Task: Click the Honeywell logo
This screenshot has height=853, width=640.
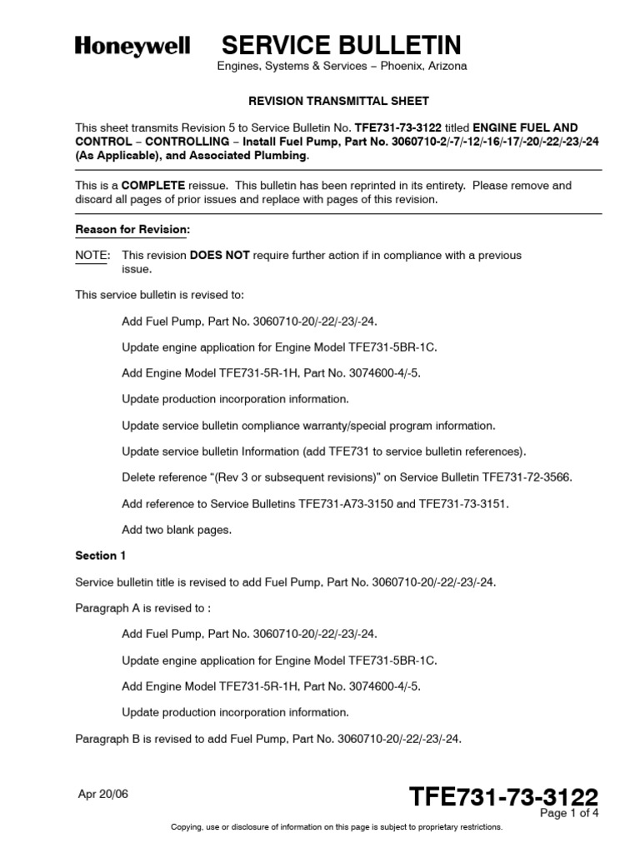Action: tap(132, 46)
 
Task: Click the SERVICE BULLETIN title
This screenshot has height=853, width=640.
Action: tap(341, 45)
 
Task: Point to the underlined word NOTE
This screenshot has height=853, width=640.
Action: tap(90, 256)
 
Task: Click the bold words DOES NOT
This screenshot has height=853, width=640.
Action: tap(220, 256)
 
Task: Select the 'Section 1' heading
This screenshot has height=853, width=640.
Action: tap(101, 555)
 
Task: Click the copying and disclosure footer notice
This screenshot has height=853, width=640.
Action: tap(337, 827)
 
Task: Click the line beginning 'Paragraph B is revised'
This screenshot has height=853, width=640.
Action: tap(268, 739)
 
